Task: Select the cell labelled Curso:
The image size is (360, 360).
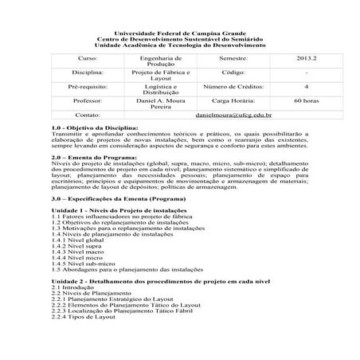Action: pos(85,59)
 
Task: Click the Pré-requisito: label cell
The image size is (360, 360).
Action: pos(85,87)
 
